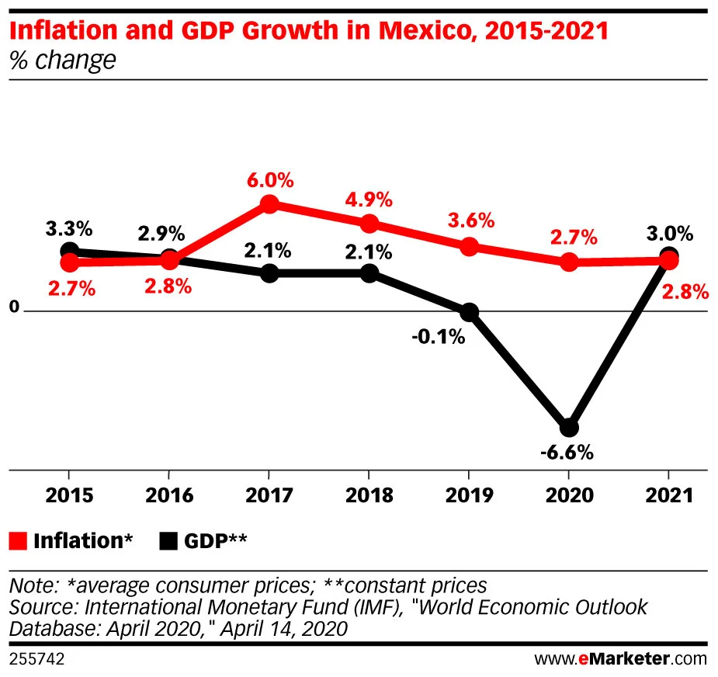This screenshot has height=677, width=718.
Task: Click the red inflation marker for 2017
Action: point(269,205)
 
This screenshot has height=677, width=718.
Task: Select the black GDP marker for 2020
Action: point(569,428)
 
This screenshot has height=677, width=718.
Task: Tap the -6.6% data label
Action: point(569,452)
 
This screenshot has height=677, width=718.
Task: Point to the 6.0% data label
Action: point(270,181)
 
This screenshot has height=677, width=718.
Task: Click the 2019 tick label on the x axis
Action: point(469,495)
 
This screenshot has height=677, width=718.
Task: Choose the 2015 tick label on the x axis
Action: point(69,495)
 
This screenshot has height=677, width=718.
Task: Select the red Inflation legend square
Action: point(19,541)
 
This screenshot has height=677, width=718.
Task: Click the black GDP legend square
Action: point(169,541)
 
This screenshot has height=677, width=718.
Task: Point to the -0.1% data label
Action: point(439,337)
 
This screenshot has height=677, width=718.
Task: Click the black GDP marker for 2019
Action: point(469,313)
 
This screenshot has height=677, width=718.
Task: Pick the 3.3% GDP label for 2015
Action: point(69,228)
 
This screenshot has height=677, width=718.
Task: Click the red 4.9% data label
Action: point(370,200)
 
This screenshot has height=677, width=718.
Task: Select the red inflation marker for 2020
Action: point(569,262)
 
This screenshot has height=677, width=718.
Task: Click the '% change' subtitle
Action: point(62,60)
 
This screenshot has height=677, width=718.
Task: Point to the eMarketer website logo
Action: point(620,658)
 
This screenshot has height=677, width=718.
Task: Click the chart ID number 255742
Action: point(36,658)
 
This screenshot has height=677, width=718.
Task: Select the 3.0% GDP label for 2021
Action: point(669,233)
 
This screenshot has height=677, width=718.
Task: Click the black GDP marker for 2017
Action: point(269,273)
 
